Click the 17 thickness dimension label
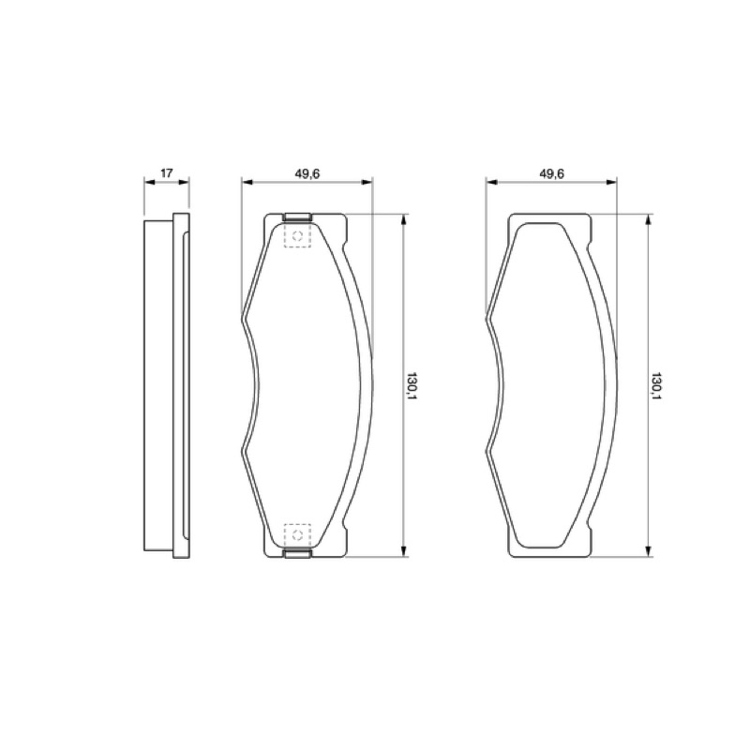click(x=167, y=172)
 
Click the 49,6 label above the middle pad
click(x=307, y=173)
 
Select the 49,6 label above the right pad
click(x=552, y=173)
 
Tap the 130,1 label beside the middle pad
click(x=411, y=385)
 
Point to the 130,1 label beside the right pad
click(x=655, y=385)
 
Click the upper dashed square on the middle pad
click(x=297, y=235)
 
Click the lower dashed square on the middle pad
click(x=297, y=534)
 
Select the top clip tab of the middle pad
click(x=297, y=217)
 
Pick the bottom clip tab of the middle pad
click(x=297, y=553)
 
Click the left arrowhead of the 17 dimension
click(x=149, y=182)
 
